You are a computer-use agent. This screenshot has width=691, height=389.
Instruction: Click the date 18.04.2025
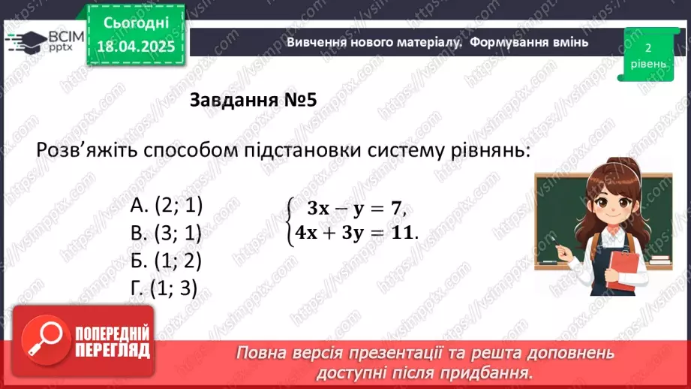coord(137,47)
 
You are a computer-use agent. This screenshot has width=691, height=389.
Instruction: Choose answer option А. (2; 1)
coord(167,206)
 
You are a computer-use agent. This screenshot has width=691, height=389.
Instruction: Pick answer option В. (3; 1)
coord(167,234)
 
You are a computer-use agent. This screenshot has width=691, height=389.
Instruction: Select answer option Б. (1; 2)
coord(166,261)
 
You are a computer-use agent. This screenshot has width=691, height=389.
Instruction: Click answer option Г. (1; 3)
coord(163,288)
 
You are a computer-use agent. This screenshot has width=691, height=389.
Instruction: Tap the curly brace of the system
coord(289,220)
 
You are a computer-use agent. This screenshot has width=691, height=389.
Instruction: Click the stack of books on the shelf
coord(658,260)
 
